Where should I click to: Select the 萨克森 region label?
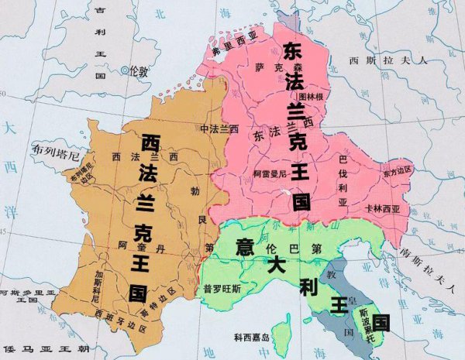tap(266, 68)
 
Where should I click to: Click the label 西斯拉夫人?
tap(377, 60)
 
